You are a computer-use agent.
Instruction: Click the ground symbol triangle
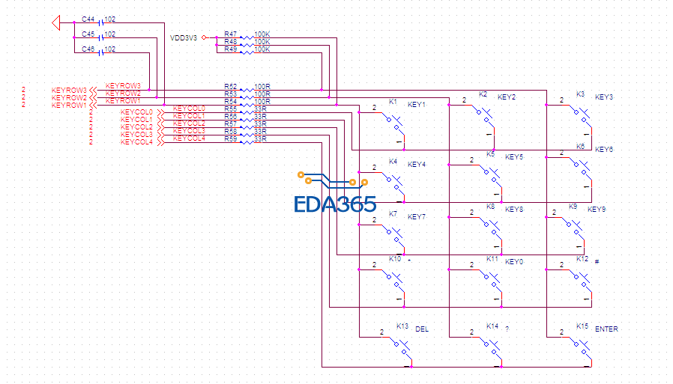tap(55, 23)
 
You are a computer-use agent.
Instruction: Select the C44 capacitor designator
tap(88, 19)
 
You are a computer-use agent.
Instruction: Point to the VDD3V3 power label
tap(184, 37)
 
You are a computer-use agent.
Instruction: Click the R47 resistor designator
tap(230, 34)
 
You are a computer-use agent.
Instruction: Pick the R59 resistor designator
tap(230, 139)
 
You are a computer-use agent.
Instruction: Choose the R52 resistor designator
tap(230, 87)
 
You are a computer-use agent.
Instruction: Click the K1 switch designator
tap(393, 102)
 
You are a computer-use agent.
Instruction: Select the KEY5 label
tap(514, 157)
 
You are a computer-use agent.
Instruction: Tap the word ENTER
tap(606, 329)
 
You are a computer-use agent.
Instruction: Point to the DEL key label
tap(422, 329)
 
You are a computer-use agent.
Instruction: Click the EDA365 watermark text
tap(334, 204)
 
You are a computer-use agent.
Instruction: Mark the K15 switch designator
tap(582, 326)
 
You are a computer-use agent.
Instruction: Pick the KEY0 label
tap(514, 262)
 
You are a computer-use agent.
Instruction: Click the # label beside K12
tap(597, 261)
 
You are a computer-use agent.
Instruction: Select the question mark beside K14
tap(507, 329)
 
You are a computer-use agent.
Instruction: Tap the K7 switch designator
tap(393, 214)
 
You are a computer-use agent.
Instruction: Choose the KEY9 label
tap(597, 210)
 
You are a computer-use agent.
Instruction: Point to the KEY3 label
tap(604, 97)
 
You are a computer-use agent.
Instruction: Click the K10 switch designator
tap(395, 259)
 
